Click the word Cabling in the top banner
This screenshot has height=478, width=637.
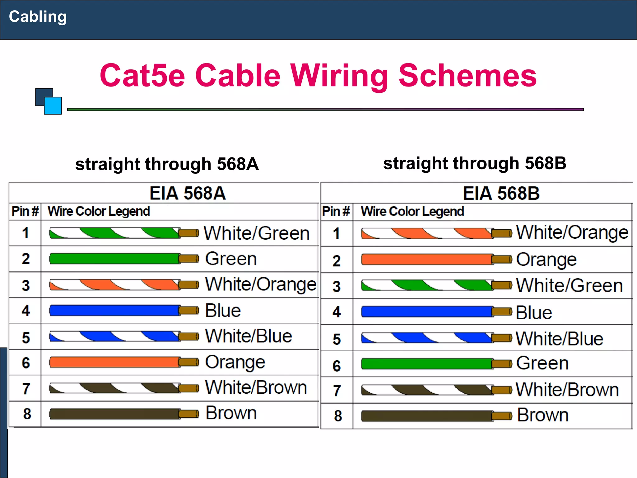pos(38,17)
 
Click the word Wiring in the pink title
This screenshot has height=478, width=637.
pos(339,76)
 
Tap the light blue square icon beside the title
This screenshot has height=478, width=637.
pos(53,106)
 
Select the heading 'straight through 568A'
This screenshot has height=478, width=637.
pos(167,164)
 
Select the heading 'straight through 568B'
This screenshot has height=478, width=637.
pos(475,163)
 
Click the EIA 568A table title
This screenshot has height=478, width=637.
pos(188,193)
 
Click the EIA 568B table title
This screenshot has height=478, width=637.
pos(501,193)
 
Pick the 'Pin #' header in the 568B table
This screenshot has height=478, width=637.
pos(336,211)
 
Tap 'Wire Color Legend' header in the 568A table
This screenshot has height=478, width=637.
pos(99,211)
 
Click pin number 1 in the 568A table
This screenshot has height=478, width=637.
pos(26,233)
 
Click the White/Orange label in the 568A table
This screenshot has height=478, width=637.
pos(261,284)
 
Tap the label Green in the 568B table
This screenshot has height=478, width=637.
pos(542,363)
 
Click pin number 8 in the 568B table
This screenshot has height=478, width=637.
pos(338,416)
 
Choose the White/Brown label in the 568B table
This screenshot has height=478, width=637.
pos(567,390)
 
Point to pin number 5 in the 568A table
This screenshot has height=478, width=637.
pos(26,338)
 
